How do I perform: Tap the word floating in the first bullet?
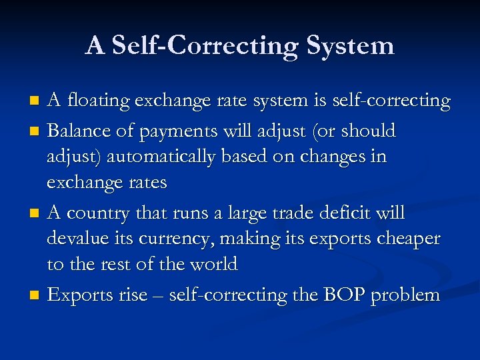pos(99,101)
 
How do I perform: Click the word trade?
pos(288,213)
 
